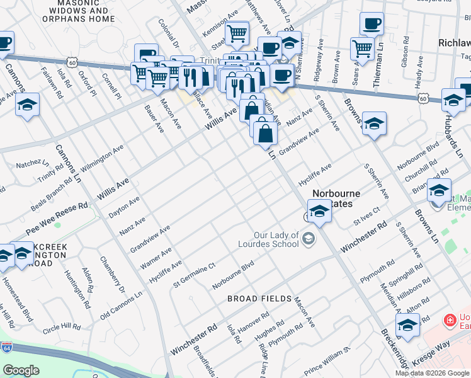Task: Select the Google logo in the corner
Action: pyautogui.click(x=21, y=370)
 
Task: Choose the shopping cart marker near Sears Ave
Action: pyautogui.click(x=362, y=48)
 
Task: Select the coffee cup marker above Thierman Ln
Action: pyautogui.click(x=372, y=24)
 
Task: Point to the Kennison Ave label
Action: pyautogui.click(x=220, y=22)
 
